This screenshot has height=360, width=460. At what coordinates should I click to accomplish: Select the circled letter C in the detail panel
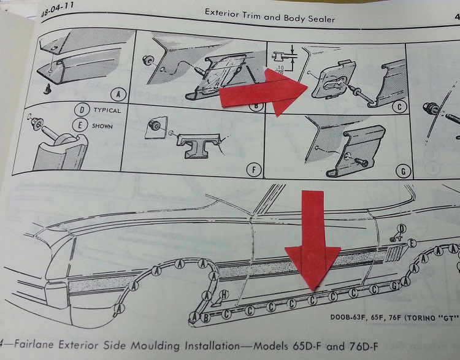(400, 107)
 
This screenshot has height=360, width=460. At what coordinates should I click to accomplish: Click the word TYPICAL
(107, 111)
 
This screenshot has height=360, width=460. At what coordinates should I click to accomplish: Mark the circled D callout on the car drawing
(402, 229)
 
